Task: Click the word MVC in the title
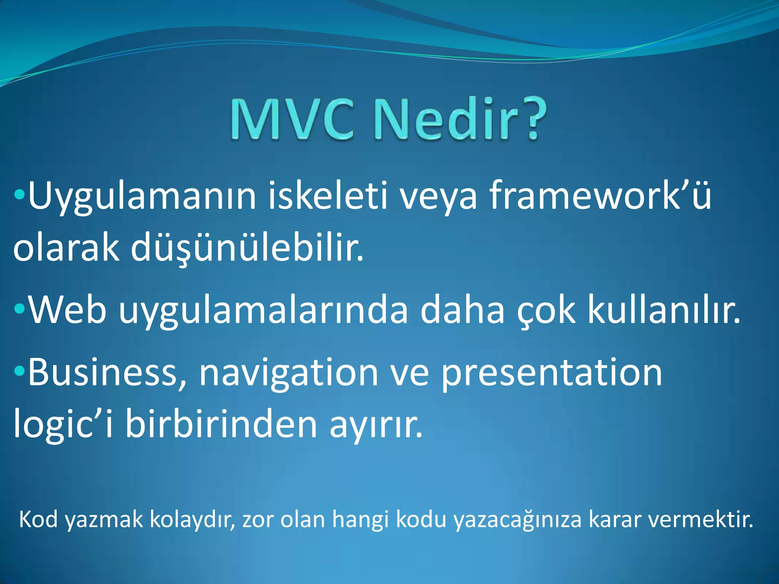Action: pyautogui.click(x=292, y=119)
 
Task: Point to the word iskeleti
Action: pyautogui.click(x=328, y=195)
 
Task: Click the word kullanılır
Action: pyautogui.click(x=664, y=310)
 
